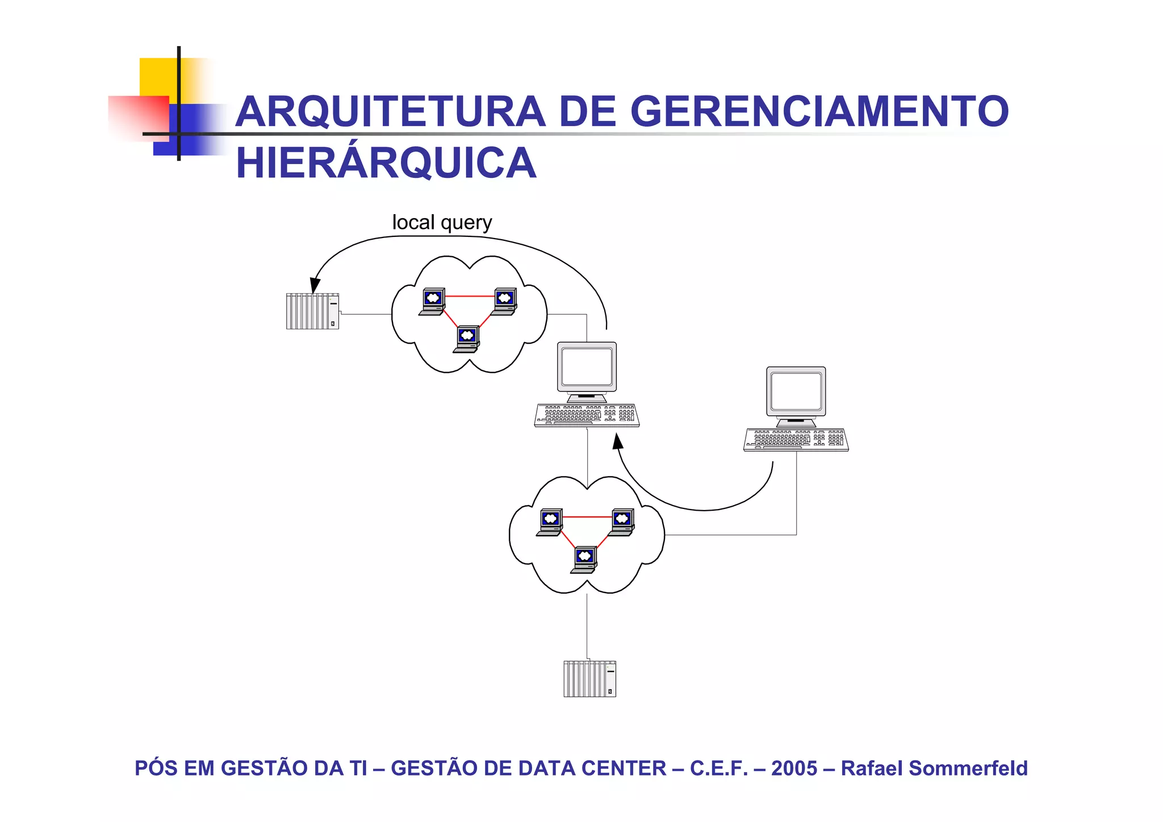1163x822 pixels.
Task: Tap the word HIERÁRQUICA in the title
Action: pyautogui.click(x=386, y=163)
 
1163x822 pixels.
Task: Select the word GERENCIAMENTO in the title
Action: pyautogui.click(x=819, y=111)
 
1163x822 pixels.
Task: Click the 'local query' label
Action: pyautogui.click(x=442, y=222)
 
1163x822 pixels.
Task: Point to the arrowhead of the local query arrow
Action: pyautogui.click(x=314, y=285)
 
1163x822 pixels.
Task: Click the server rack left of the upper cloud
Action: pyautogui.click(x=312, y=311)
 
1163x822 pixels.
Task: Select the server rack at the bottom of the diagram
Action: pyautogui.click(x=589, y=678)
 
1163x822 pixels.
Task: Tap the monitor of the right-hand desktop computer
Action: pyautogui.click(x=796, y=393)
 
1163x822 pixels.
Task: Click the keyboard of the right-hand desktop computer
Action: pyautogui.click(x=796, y=440)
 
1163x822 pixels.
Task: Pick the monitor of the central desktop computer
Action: pyautogui.click(x=587, y=368)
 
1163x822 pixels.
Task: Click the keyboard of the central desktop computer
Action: pyautogui.click(x=587, y=415)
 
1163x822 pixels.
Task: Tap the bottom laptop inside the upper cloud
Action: pyautogui.click(x=467, y=339)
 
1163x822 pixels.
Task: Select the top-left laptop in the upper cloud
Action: pyautogui.click(x=432, y=301)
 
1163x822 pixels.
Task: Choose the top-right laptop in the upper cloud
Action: pyautogui.click(x=504, y=301)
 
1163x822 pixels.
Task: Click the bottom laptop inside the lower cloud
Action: pyautogui.click(x=584, y=560)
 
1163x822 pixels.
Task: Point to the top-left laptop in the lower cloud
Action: pyautogui.click(x=550, y=521)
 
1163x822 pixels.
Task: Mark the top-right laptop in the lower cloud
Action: pyautogui.click(x=621, y=521)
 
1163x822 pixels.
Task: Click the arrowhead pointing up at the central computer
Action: pyautogui.click(x=617, y=441)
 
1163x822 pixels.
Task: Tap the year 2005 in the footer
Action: pyautogui.click(x=794, y=768)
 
